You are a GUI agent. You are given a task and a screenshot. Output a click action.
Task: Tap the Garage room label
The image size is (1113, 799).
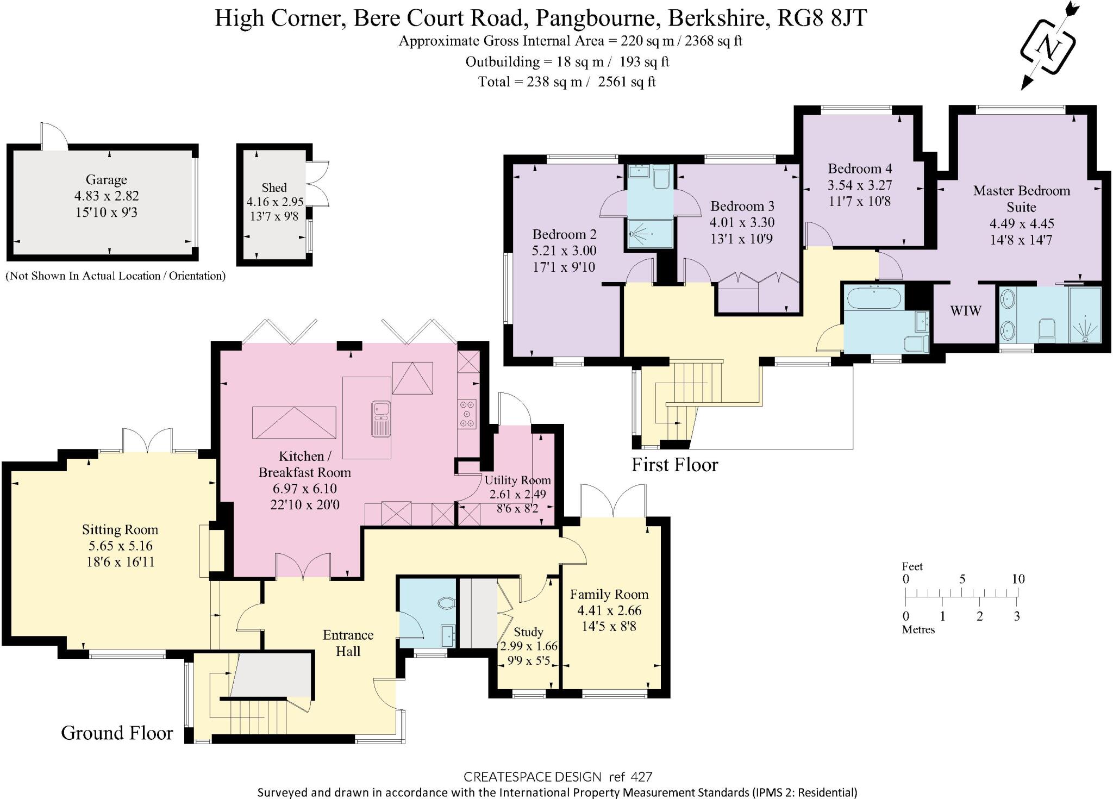pos(107,179)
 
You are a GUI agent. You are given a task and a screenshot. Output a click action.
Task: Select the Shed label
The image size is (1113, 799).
pos(274,188)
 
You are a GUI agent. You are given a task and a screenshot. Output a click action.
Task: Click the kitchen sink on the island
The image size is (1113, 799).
pos(381,419)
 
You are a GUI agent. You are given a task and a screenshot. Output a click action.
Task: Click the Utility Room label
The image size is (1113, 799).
pos(517,480)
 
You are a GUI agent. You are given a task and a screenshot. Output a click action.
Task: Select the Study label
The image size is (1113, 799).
pos(528,632)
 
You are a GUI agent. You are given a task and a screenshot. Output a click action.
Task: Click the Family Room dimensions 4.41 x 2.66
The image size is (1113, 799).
pos(609,610)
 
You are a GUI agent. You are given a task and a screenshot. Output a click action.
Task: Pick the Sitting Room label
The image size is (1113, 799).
pos(120,529)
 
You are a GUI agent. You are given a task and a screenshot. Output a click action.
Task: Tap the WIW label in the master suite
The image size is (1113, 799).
pos(966,311)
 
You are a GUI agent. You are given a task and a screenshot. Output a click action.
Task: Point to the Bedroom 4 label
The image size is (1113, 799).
pos(860,168)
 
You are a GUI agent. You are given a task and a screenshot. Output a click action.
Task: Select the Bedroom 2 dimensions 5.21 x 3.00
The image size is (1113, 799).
pos(564,251)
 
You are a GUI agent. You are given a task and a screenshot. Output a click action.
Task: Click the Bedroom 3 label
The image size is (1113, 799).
pos(742,206)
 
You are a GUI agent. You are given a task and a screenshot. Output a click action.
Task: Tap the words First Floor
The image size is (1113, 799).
pos(674,465)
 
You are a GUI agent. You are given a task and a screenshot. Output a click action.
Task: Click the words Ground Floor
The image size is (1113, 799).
pos(117,733)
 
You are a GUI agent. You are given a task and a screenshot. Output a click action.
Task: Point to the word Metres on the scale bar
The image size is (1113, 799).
pos(918,629)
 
